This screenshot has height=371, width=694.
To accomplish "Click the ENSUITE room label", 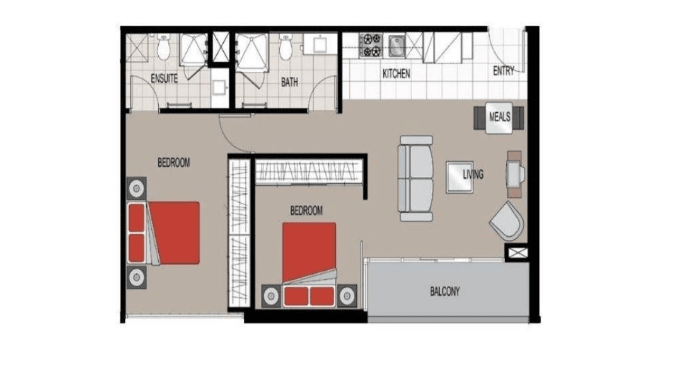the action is tap(165, 79).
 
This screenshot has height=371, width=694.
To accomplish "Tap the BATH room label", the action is tap(289, 82).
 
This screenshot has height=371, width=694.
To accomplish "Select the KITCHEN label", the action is tap(396, 74).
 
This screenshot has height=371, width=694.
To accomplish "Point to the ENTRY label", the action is tap(504, 71).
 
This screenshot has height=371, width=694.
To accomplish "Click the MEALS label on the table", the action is tap(500, 117).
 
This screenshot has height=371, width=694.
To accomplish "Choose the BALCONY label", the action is tap(445, 292).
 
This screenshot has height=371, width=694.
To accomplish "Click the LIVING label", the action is tap(473, 174).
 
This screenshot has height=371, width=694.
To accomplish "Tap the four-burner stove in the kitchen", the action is tap(371, 45).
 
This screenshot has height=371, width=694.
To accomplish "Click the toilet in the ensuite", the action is tap(164, 47).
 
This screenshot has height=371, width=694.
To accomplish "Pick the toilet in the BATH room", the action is tap(286, 47).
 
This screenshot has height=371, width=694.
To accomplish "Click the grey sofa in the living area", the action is tap(415, 178).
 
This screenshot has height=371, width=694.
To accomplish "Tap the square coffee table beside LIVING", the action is tap(460, 177).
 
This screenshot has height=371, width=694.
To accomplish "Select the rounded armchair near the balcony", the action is tap(507, 220).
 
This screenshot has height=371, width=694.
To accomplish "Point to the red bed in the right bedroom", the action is tap(309, 265).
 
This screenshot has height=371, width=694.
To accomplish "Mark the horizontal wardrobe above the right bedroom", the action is tap(309, 171).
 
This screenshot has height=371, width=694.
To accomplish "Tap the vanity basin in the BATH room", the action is tap(320, 44).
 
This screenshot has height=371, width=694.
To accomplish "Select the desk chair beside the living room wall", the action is tap(515, 174).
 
